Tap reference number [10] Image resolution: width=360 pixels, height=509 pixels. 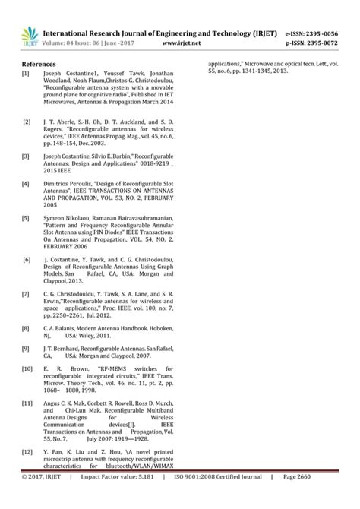27,368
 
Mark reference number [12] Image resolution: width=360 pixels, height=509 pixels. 27,451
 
